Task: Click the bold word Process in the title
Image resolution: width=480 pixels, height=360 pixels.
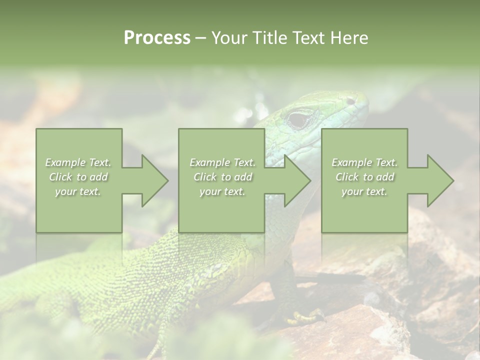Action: (157, 38)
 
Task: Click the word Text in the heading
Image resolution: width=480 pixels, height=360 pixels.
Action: (309, 38)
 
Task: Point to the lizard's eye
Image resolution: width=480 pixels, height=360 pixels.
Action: (299, 119)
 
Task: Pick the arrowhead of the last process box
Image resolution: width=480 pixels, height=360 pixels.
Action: (440, 181)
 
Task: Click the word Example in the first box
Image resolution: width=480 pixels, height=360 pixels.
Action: (65, 162)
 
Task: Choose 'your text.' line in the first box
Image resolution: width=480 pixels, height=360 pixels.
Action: (78, 191)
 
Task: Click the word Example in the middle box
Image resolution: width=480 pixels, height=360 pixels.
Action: (209, 162)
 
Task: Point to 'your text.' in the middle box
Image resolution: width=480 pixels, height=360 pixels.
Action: (222, 191)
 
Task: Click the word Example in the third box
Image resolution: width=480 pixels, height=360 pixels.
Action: (351, 162)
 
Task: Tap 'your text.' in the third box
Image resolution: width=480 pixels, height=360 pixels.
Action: (364, 191)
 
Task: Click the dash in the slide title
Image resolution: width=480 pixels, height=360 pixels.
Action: (200, 38)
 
